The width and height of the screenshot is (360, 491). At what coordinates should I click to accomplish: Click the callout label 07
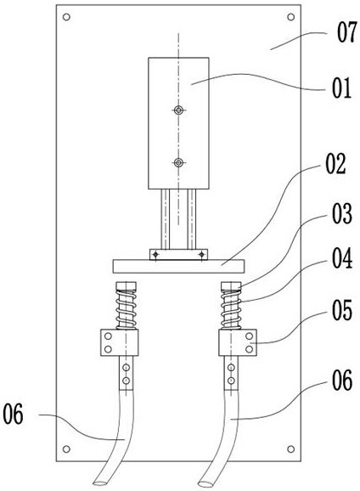point(347,32)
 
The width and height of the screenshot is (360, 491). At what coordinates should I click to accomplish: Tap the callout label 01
point(342,88)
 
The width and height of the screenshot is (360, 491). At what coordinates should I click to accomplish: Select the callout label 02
point(335,164)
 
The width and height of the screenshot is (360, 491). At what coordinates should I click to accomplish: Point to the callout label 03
point(342,213)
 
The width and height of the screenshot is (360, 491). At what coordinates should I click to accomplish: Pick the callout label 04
point(342,258)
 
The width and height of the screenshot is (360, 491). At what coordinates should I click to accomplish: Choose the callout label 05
point(342,310)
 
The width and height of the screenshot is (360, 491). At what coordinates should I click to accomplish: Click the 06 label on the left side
point(13,414)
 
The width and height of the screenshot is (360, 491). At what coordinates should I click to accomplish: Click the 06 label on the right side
point(342,381)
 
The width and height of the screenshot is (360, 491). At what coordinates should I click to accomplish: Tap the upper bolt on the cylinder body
point(178,110)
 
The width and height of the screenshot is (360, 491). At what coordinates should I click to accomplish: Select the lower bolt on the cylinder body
point(178,162)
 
